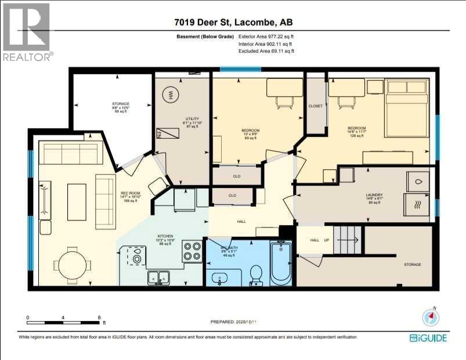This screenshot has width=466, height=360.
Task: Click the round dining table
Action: tap(73, 264)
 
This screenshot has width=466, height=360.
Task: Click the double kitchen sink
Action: tap(158, 278)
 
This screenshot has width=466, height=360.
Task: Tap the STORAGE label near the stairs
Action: tap(413, 264)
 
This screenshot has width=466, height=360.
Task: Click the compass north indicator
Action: tap(429, 317)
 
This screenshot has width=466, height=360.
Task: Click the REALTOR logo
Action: tap(27, 32)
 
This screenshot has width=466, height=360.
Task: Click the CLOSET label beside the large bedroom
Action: tap(316, 106)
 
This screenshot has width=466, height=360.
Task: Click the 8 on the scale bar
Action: tap(99, 318)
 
